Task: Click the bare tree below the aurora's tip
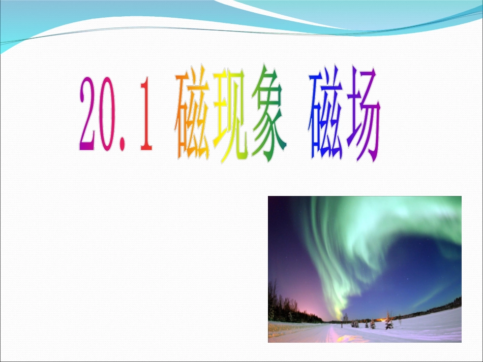click(x=346, y=318)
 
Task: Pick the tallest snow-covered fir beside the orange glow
click(x=389, y=322)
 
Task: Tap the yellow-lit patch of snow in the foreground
click(x=333, y=335)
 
